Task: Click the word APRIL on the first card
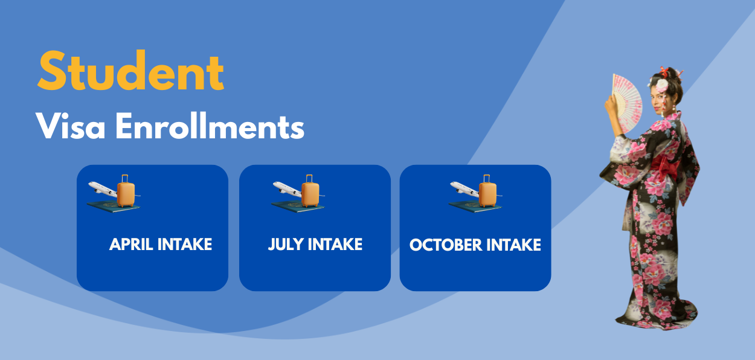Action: [x=132, y=244]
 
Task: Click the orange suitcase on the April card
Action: [x=126, y=192]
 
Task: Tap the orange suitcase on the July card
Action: [x=310, y=192]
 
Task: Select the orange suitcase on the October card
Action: [x=487, y=192]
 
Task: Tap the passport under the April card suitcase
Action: [x=113, y=207]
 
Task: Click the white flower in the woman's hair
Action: [x=663, y=84]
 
